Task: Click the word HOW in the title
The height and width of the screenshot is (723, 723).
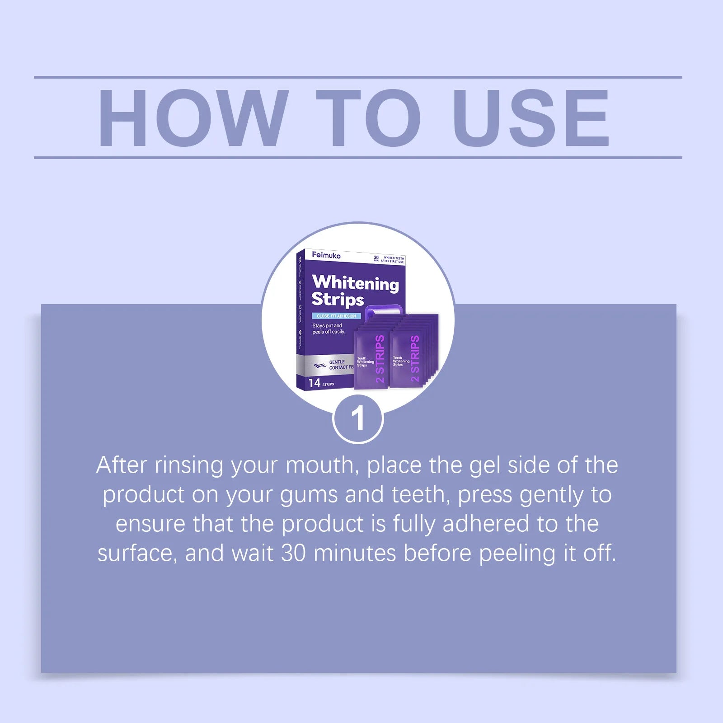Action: click(193, 118)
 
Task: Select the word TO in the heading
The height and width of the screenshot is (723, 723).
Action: click(368, 118)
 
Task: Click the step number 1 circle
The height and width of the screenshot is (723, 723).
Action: click(358, 418)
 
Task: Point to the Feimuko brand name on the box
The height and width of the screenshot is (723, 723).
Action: click(326, 255)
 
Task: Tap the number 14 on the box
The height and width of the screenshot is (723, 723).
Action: click(314, 383)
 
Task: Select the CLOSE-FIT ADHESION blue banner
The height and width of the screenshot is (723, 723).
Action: click(336, 316)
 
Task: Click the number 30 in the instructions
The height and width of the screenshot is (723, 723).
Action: click(293, 553)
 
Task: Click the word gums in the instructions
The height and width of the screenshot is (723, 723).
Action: click(309, 495)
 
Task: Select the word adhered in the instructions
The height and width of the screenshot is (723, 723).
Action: click(486, 524)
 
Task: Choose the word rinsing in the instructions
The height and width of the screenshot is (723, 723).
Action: click(189, 465)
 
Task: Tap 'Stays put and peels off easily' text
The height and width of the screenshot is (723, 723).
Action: click(328, 329)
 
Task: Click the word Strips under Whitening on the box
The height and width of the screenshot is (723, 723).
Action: click(338, 300)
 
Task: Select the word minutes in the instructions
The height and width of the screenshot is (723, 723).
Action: click(355, 553)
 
